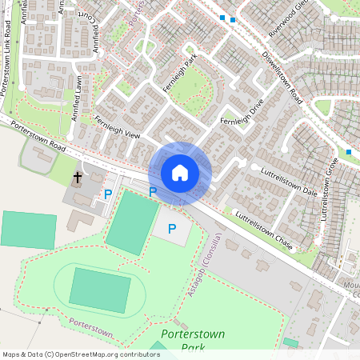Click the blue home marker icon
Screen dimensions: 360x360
coord(180,173)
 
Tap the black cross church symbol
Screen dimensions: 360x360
coord(78,177)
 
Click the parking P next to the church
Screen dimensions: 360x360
coord(108,194)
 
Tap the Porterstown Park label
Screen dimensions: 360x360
coord(193,340)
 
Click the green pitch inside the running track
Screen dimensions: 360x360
coord(99,290)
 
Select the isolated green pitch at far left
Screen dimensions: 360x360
coord(28,230)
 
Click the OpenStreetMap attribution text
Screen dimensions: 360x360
coord(81,354)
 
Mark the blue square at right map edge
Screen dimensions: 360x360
coord(349,151)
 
